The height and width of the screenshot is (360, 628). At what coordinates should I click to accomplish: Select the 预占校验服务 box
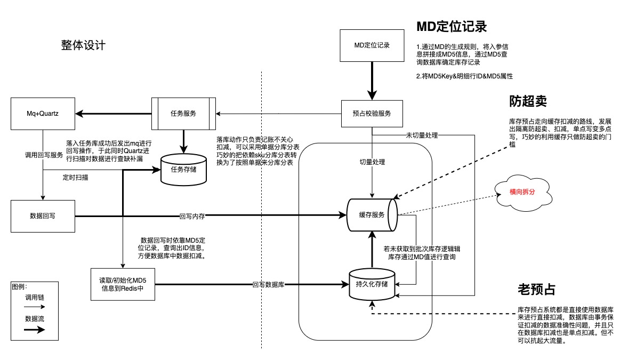coord(368,113)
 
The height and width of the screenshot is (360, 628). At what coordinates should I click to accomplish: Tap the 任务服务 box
coord(183,113)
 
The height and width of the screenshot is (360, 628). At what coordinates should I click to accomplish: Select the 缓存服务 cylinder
coord(372,215)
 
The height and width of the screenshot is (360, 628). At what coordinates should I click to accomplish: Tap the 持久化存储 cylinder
coord(372,283)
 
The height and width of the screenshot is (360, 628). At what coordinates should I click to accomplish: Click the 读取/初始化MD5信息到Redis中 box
coord(123,284)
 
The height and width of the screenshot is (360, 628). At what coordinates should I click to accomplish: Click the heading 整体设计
coord(83,45)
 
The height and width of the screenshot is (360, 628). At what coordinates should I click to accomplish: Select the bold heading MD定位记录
coord(452,27)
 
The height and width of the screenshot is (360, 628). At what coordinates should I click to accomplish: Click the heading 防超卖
coord(528,101)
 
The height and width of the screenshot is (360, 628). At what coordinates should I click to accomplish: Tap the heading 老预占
coord(536,290)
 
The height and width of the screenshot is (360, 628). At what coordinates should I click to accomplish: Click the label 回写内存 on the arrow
coord(192,217)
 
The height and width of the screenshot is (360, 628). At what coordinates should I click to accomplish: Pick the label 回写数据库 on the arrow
coord(268,285)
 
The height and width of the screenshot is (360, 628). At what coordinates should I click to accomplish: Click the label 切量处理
coord(372,162)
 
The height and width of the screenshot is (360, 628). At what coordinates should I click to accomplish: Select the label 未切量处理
coord(421,135)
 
